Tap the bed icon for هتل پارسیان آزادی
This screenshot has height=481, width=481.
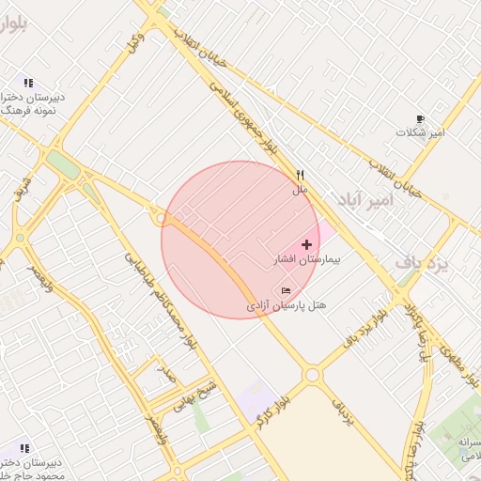tap(286, 290)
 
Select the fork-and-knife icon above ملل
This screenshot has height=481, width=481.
tap(301, 175)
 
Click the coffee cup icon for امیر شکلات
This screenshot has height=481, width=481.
tap(420, 118)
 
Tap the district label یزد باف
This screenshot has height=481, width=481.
tap(422, 264)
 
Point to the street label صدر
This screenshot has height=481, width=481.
tap(166, 374)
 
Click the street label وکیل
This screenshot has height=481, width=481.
tap(135, 42)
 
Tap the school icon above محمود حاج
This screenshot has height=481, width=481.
tap(24, 448)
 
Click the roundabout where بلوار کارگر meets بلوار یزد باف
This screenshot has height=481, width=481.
tap(313, 375)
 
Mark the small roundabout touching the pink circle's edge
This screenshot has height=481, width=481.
tap(162, 219)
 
